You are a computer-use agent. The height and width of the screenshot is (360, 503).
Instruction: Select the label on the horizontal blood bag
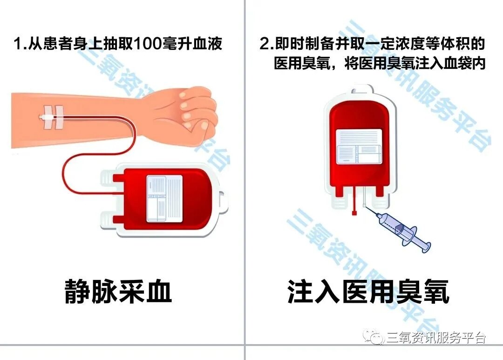pyautogui.click(x=164, y=198)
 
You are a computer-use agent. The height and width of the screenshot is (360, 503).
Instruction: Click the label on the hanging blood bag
pyautogui.click(x=359, y=147)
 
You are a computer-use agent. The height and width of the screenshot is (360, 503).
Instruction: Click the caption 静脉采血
pyautogui.click(x=118, y=292)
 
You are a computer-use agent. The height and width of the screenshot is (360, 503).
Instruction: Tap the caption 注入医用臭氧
pyautogui.click(x=368, y=292)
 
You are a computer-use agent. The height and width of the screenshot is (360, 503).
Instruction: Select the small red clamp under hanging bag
pyautogui.click(x=354, y=213)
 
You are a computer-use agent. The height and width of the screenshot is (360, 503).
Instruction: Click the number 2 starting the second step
pyautogui.click(x=264, y=44)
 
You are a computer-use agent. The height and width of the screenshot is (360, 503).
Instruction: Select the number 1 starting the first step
pyautogui.click(x=18, y=44)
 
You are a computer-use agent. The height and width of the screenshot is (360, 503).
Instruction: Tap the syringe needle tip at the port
pyautogui.click(x=364, y=206)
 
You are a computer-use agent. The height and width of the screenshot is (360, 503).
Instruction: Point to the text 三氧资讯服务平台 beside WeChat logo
pyautogui.click(x=435, y=338)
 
